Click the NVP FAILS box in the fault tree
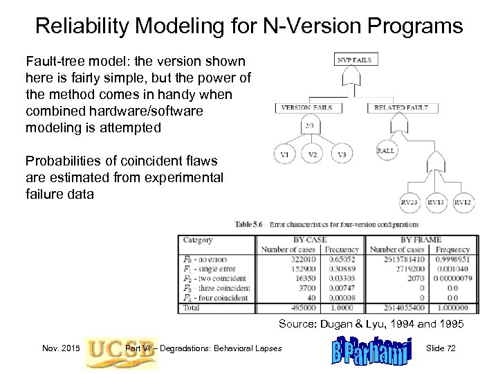coord(354,60)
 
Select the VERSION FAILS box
coord(306,107)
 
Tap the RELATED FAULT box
coord(401,107)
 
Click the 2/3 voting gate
coord(308,125)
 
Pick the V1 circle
coord(284,154)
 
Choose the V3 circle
coord(341,154)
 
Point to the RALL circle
coord(386,150)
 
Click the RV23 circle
coord(409,202)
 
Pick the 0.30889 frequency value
coord(343,267)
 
